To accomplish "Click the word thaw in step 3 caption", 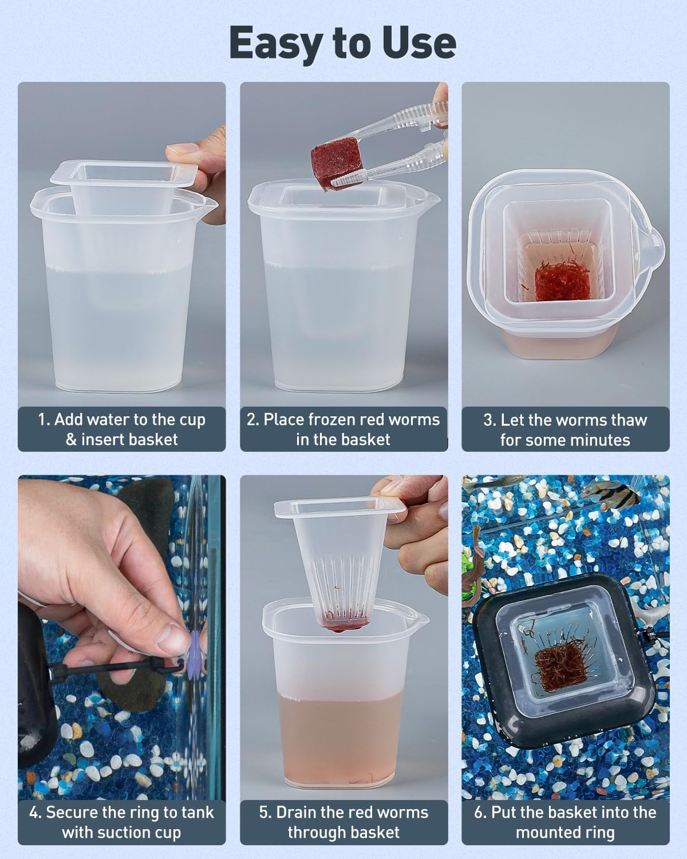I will [627, 420].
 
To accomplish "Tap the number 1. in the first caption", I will [44, 420].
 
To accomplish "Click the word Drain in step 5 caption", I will [297, 813].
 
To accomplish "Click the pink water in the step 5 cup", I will [342, 744].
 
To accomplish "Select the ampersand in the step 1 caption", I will [71, 440].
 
